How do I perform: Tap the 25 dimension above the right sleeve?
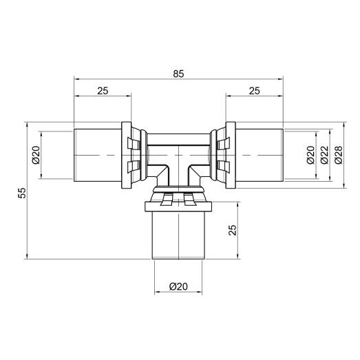[254, 90]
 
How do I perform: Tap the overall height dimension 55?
[21, 193]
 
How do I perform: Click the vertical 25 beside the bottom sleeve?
[232, 229]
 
